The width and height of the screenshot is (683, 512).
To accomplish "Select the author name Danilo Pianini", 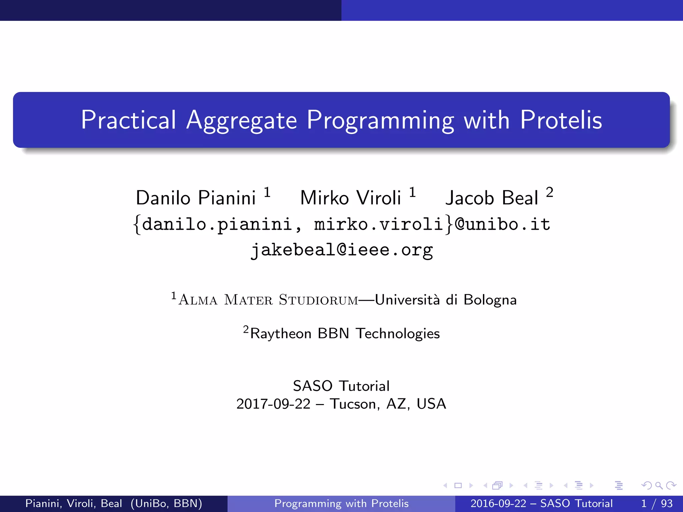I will click(x=196, y=198).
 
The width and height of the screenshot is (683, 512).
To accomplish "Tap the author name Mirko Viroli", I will click(x=350, y=198).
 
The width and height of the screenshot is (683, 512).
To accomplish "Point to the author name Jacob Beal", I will click(x=492, y=198).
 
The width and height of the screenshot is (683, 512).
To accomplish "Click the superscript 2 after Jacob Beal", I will click(x=550, y=193).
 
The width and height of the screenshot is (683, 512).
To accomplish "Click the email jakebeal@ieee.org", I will click(x=341, y=250).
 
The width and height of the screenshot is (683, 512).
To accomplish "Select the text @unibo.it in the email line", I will click(x=503, y=224).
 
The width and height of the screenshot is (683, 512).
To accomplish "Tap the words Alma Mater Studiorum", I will click(x=268, y=300).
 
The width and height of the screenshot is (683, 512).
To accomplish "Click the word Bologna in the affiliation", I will click(x=490, y=300).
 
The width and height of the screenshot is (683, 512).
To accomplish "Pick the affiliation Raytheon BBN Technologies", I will click(x=345, y=334).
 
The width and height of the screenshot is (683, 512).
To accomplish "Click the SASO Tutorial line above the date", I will click(x=341, y=386).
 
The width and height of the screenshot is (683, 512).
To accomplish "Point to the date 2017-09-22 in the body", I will click(x=273, y=404).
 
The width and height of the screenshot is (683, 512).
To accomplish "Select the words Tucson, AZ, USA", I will click(x=388, y=404).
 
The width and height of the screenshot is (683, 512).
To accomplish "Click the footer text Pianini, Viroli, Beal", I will click(x=74, y=503).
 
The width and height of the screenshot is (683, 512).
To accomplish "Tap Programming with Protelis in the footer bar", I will click(x=341, y=503).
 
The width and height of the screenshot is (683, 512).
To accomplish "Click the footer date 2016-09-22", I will click(x=498, y=503).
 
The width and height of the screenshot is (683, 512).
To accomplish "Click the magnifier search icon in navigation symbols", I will click(x=659, y=486).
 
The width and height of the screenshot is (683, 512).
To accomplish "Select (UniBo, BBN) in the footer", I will click(x=166, y=503).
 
